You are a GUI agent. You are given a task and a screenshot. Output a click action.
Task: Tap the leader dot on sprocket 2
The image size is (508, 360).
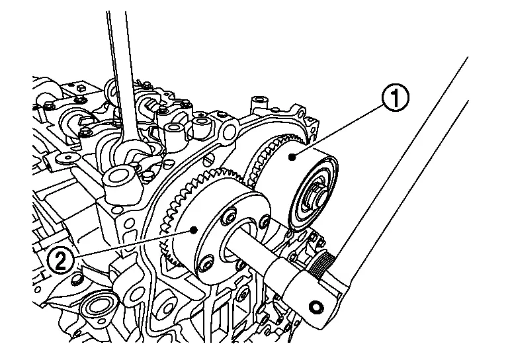click(193, 229)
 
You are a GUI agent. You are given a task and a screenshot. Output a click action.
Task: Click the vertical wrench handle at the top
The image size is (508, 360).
click(120, 53)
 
